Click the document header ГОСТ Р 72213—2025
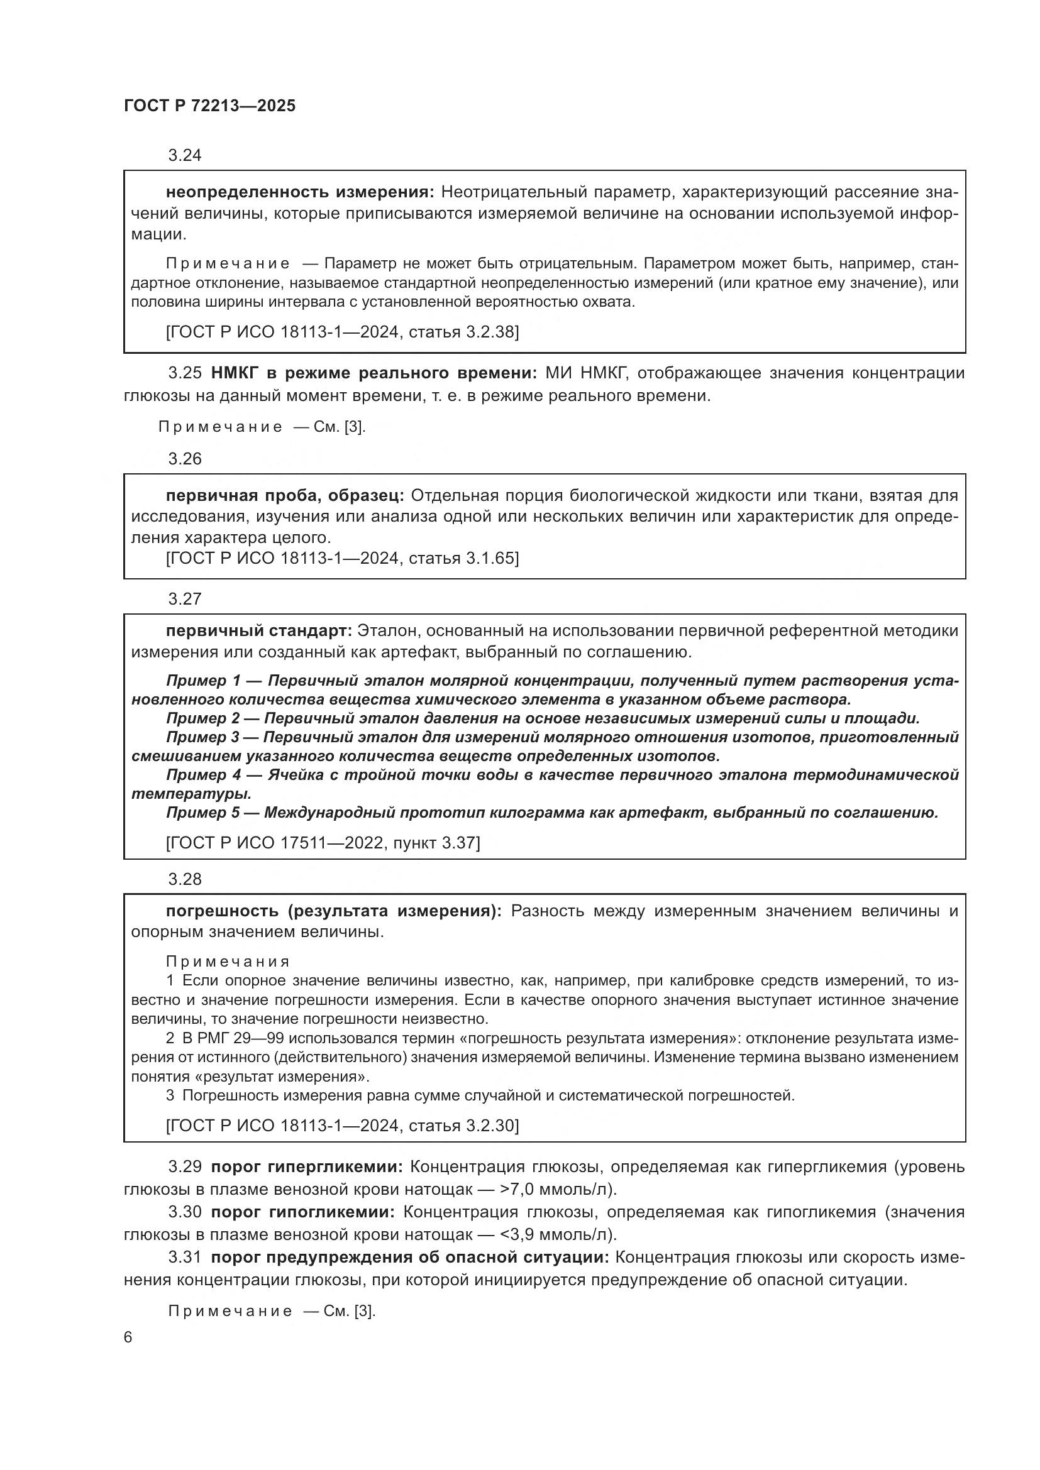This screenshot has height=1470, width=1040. coord(209,106)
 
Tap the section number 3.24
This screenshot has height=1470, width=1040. coord(184,155)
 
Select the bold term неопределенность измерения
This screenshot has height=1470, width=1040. coord(300,192)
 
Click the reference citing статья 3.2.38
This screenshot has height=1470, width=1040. coord(342,332)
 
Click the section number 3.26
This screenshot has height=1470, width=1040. coord(184,458)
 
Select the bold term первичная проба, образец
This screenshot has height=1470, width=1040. coord(284,495)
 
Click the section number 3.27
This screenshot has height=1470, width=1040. coord(184,599)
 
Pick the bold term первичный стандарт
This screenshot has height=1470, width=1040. coord(258,630)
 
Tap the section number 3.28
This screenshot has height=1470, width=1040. coord(184,879)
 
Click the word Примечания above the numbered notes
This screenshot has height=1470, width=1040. coord(228,962)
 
